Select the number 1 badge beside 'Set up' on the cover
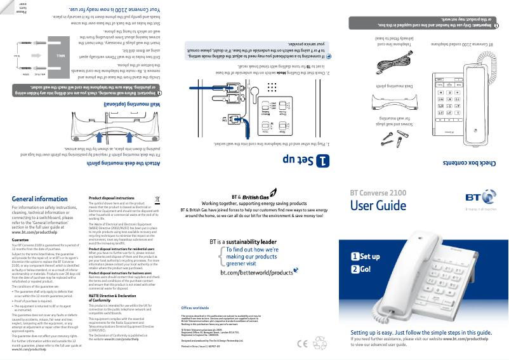355,257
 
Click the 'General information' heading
39,199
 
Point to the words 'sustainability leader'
253,241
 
